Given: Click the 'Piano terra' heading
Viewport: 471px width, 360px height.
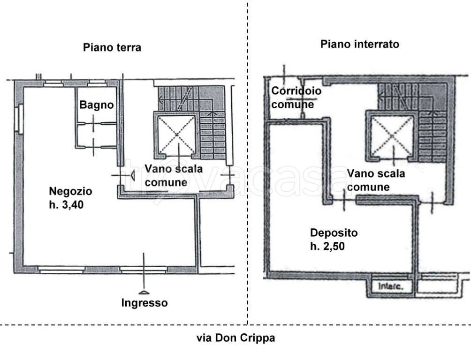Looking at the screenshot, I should [x=112, y=47].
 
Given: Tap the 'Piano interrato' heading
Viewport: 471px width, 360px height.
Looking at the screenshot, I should [x=359, y=45].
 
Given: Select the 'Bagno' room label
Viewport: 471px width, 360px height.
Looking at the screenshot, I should [x=96, y=105].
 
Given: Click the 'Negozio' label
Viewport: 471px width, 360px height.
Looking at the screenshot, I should [x=70, y=191].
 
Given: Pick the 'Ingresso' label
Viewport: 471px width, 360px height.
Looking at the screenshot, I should [x=144, y=303].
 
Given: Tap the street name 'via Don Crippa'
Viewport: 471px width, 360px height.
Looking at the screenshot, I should [x=235, y=338].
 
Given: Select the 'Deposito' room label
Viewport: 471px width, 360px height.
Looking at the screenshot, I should [x=334, y=233].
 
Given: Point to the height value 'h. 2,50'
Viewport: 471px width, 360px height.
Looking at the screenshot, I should [x=327, y=246].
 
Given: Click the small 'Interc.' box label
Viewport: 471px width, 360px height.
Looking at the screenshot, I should [x=387, y=285].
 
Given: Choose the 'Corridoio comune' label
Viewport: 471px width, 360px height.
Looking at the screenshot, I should [x=296, y=97].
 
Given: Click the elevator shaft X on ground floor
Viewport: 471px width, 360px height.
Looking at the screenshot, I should [x=176, y=134].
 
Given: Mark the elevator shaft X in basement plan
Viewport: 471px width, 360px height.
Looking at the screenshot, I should [x=391, y=135].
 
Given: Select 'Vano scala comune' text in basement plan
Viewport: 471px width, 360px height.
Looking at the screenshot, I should [x=375, y=180].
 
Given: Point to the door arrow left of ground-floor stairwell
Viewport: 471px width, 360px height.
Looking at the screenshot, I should [x=132, y=175].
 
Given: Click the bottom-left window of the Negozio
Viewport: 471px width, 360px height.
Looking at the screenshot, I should [x=61, y=270].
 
